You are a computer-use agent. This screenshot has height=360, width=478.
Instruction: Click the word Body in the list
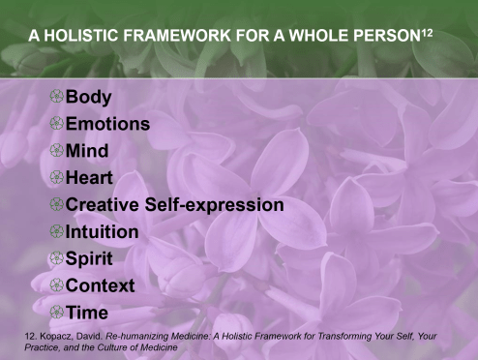click(89, 97)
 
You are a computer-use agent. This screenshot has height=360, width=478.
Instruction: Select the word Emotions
click(107, 124)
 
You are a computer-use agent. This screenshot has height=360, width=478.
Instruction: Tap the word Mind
click(87, 151)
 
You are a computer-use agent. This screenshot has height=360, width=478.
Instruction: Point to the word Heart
click(90, 178)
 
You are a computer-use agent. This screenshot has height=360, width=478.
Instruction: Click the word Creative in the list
click(105, 205)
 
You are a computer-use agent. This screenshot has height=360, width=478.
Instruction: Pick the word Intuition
click(102, 232)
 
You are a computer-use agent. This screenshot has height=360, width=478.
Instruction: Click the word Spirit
click(89, 259)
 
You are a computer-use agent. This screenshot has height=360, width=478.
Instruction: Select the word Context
click(100, 285)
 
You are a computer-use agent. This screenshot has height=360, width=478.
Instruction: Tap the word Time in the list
click(86, 313)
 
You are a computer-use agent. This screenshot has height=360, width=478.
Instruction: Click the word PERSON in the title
click(392, 36)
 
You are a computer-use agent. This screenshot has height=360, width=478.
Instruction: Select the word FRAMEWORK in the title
click(185, 36)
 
